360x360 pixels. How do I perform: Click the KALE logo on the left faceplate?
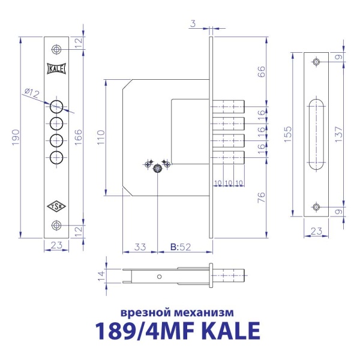tap(56, 68)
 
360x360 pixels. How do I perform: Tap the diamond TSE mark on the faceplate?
tap(56, 206)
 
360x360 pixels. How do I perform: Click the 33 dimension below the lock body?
tap(140, 246)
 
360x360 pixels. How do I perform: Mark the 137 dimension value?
tap(340, 133)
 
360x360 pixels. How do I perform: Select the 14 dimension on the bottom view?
tap(101, 275)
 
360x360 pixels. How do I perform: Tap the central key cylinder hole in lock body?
tap(158, 169)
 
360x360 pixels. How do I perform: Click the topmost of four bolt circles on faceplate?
tap(56, 107)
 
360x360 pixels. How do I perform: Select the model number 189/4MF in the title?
tap(142, 332)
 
